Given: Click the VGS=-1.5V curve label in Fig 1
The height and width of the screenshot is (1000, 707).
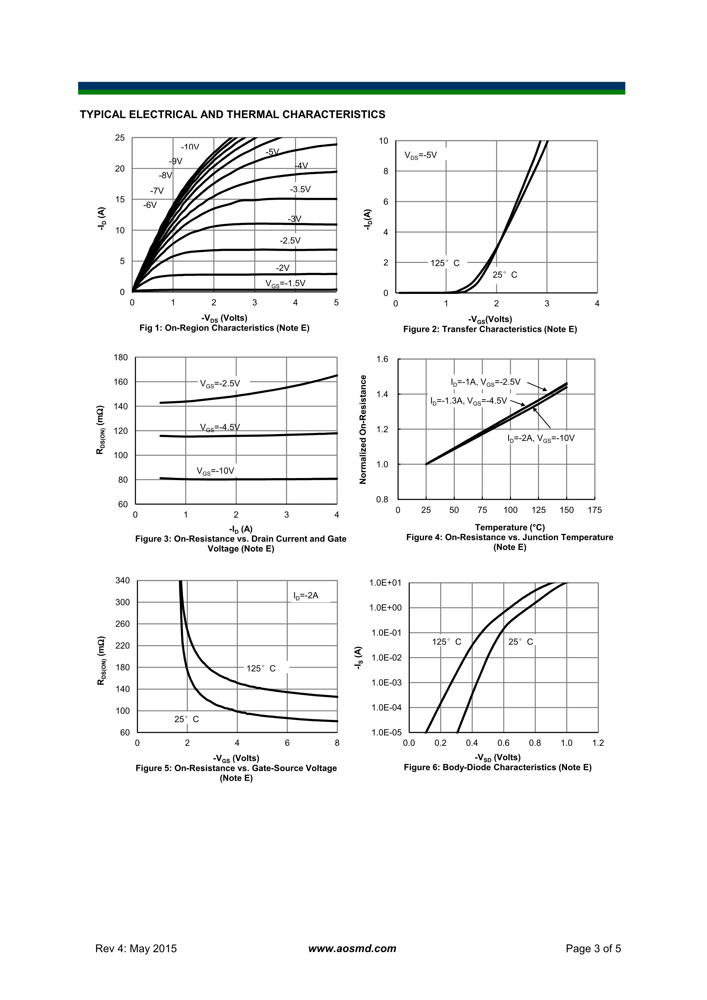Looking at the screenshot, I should [x=285, y=284].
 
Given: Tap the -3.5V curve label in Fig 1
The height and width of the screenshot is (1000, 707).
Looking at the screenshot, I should [x=300, y=190].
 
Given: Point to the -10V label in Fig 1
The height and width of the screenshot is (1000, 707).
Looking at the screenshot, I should [x=190, y=147].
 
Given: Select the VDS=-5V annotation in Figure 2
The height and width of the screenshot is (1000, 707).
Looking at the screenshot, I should [x=420, y=155].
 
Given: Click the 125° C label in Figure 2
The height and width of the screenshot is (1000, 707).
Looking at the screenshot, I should [x=445, y=263].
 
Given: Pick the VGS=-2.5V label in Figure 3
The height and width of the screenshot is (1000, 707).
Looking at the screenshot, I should [x=220, y=384].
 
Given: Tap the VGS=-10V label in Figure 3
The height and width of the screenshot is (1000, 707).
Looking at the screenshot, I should [x=215, y=471].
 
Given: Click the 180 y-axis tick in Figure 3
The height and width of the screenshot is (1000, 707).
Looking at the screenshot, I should [x=121, y=357].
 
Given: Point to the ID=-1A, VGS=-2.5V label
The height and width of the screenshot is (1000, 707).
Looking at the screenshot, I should [x=485, y=382].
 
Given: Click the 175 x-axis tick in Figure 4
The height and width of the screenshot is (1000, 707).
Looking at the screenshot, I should [x=595, y=510].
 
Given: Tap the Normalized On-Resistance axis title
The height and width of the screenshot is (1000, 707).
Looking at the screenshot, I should [x=363, y=429].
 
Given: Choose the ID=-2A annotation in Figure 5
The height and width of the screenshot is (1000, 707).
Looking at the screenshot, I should [x=306, y=595].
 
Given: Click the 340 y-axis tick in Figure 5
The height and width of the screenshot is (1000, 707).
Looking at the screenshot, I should [x=122, y=581].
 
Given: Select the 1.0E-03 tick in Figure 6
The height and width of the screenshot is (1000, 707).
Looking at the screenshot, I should [x=386, y=682].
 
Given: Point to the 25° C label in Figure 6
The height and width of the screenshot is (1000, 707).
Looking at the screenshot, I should [x=520, y=642].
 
